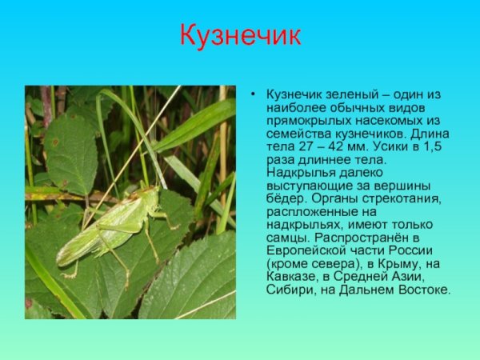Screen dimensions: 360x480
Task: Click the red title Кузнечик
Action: pyautogui.click(x=240, y=36)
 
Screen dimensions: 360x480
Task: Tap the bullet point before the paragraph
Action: pyautogui.click(x=253, y=94)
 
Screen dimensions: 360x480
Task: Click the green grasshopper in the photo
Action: pyautogui.click(x=112, y=228)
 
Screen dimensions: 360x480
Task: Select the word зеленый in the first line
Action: pyautogui.click(x=354, y=94)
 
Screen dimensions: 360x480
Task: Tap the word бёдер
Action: pyautogui.click(x=285, y=198)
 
